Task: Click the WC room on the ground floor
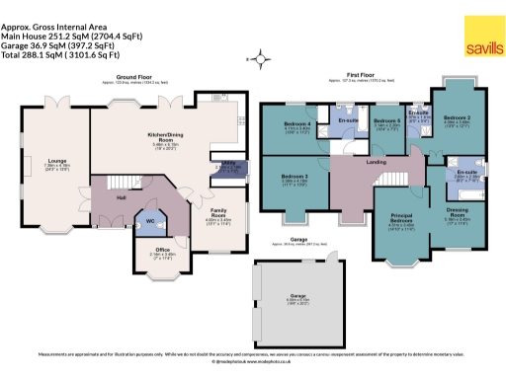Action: click(x=150, y=223)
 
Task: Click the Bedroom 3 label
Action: click(x=295, y=179)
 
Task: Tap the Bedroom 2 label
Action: click(x=457, y=119)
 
